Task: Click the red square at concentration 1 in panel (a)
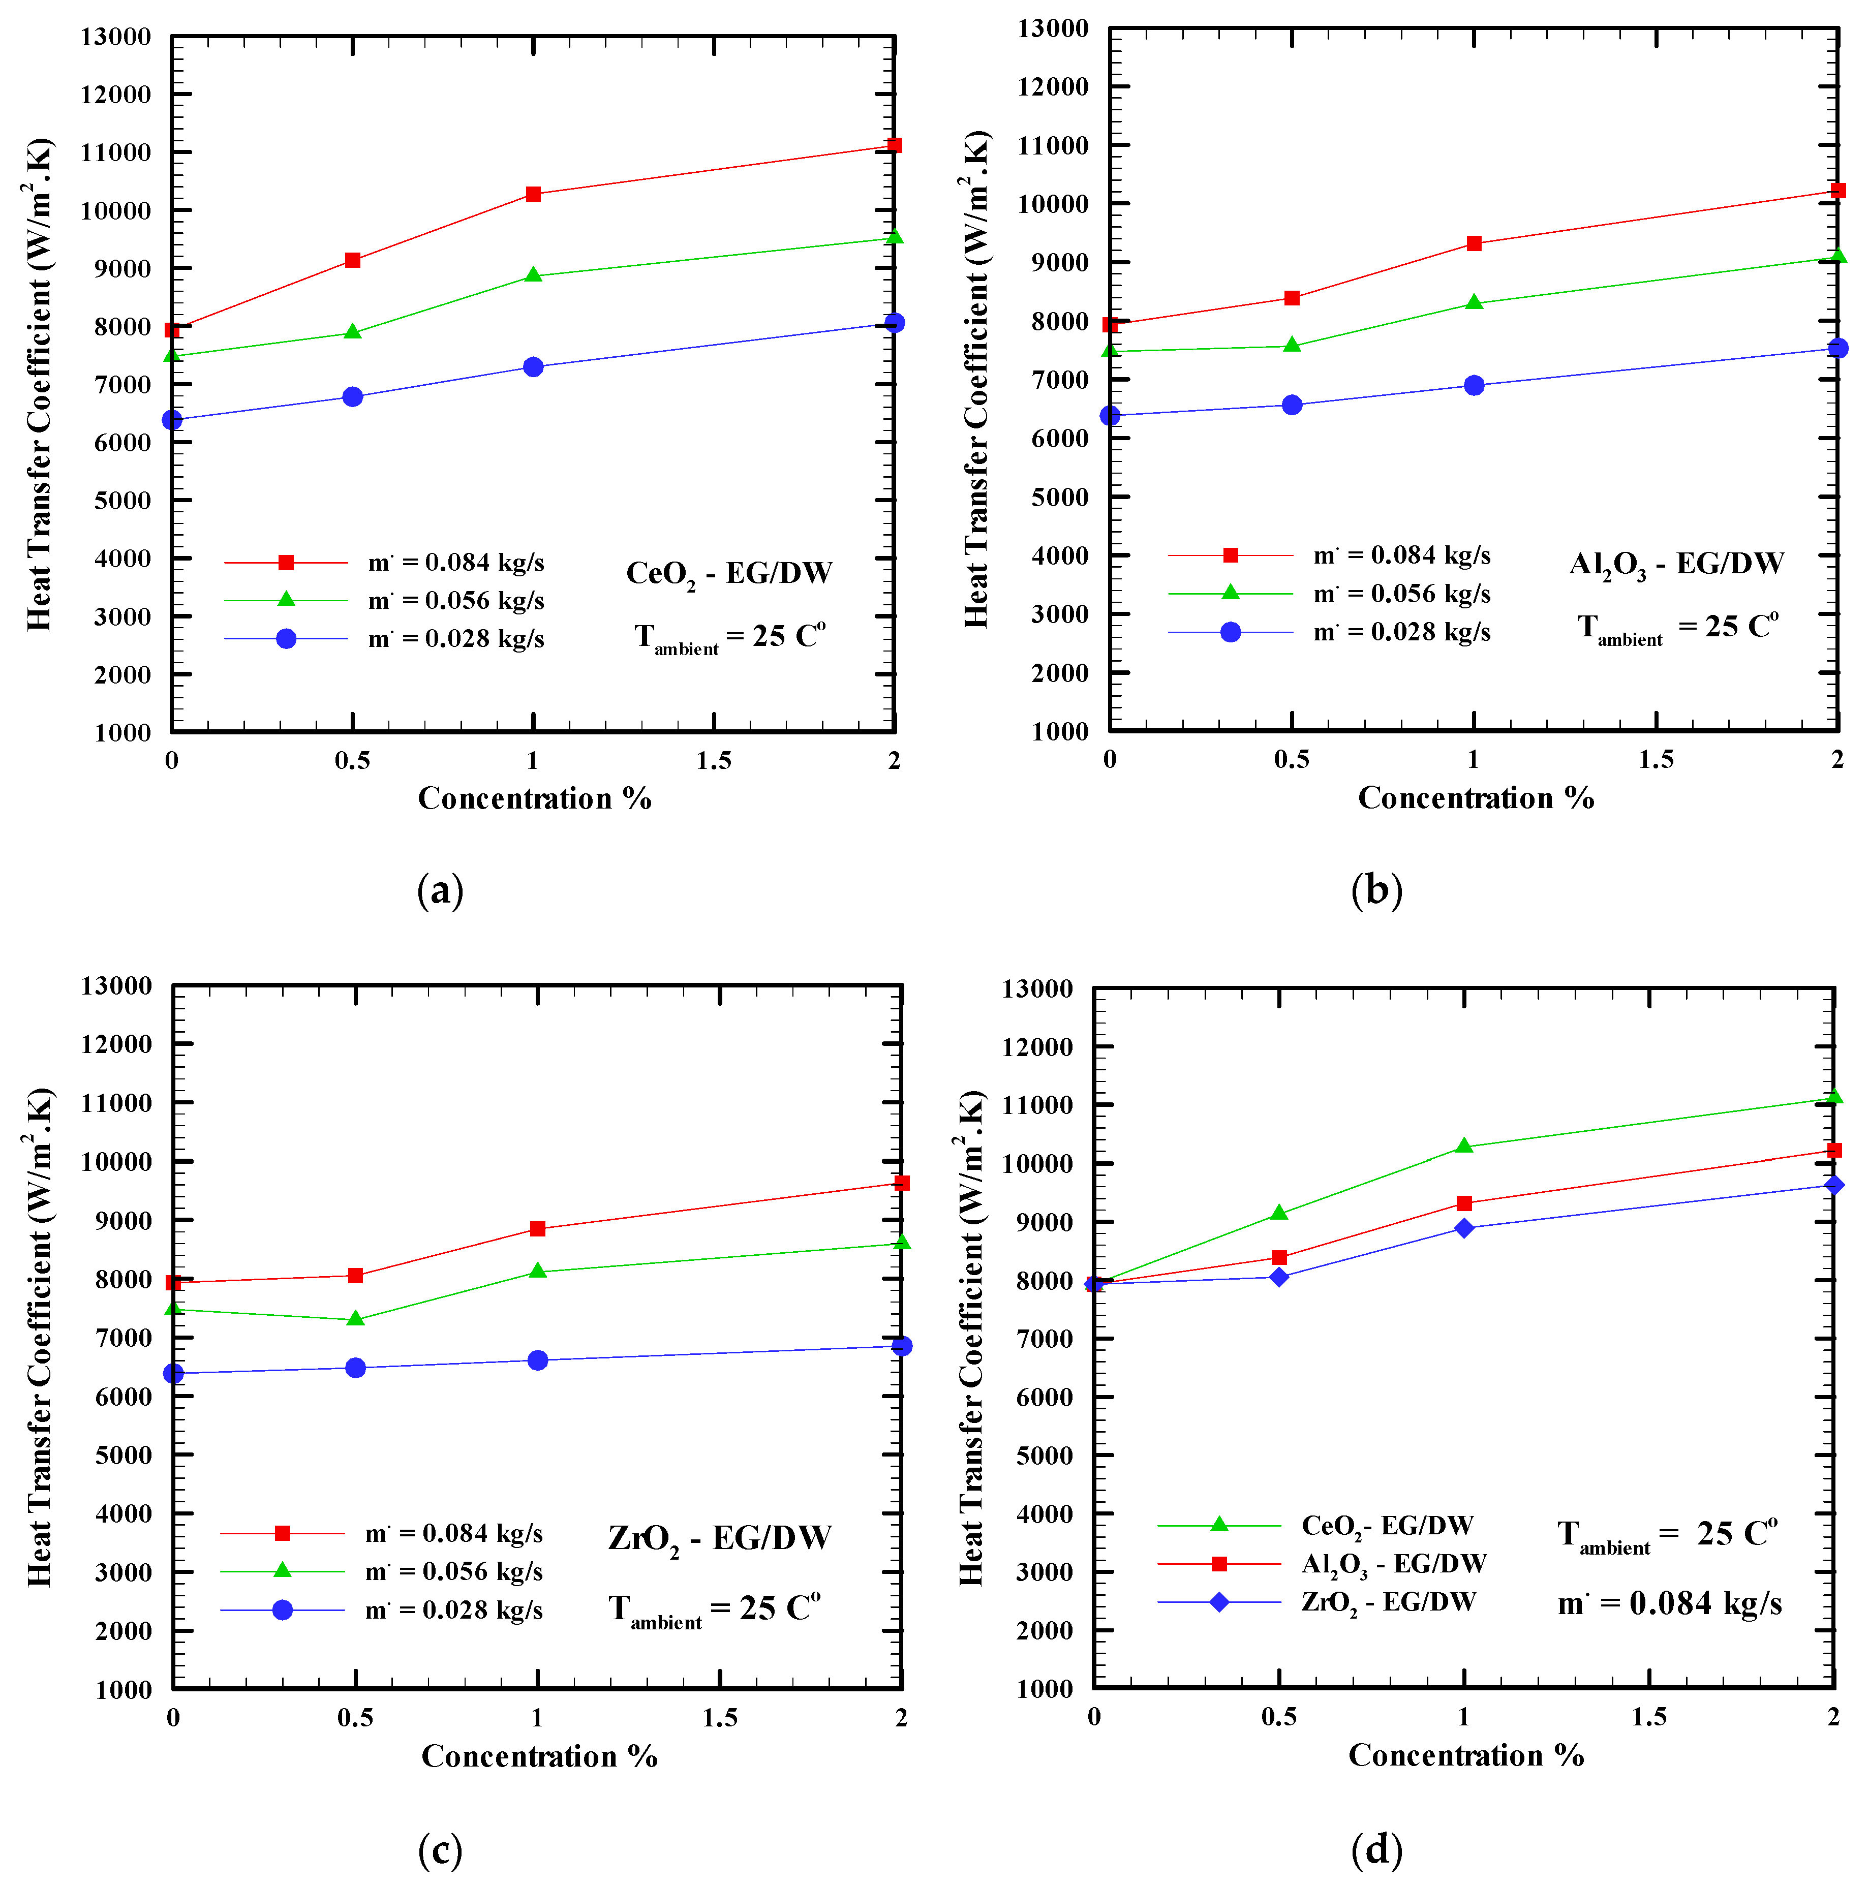tap(533, 195)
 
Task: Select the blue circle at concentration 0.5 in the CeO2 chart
tap(353, 397)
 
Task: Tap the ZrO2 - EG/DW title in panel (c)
tap(719, 1539)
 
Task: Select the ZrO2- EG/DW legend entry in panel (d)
tap(1388, 1603)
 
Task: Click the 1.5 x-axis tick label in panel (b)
tap(1656, 759)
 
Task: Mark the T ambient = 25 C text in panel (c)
tap(714, 1610)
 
